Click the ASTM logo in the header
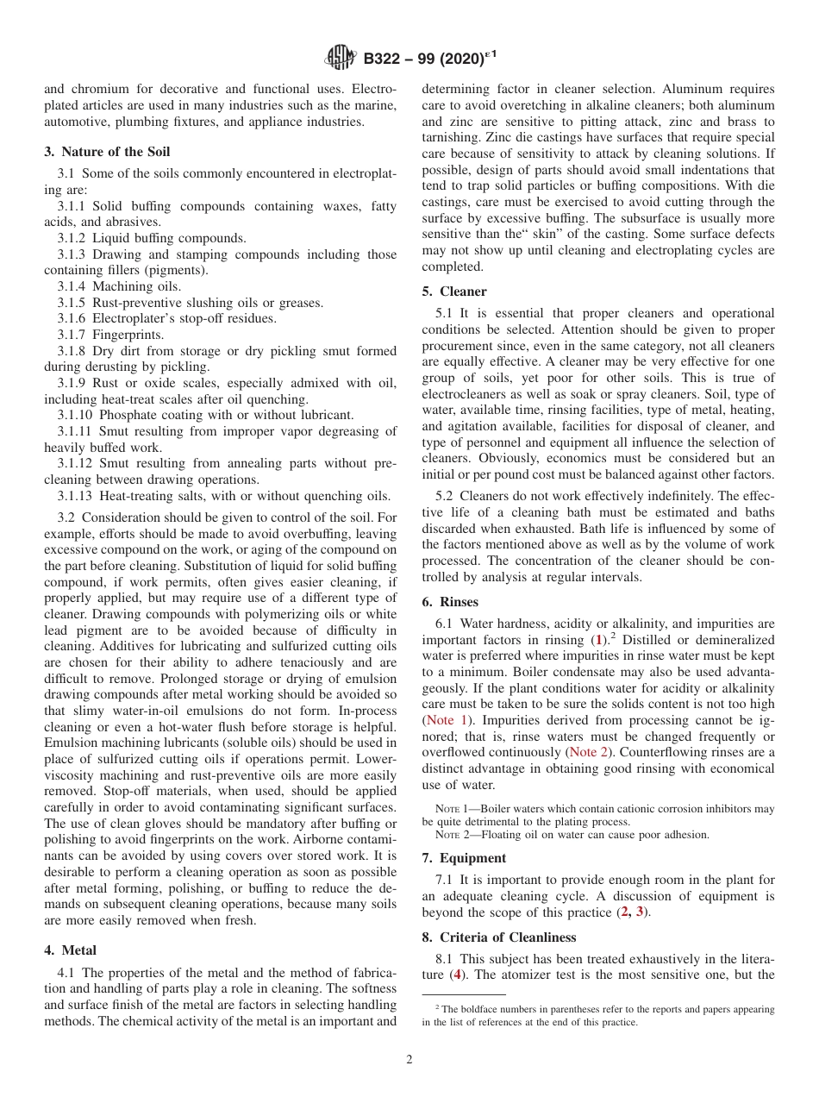click(x=341, y=59)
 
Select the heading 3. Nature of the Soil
click(x=107, y=152)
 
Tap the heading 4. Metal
click(x=70, y=950)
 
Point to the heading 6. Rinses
click(x=450, y=602)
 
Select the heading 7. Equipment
click(x=464, y=858)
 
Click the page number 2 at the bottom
click(x=409, y=1060)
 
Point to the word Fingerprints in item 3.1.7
click(x=128, y=335)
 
